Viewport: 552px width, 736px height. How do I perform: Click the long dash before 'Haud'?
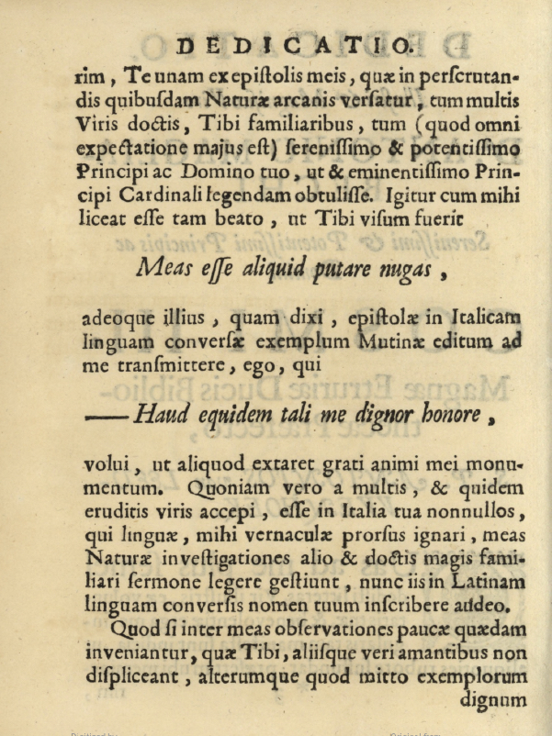point(107,416)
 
